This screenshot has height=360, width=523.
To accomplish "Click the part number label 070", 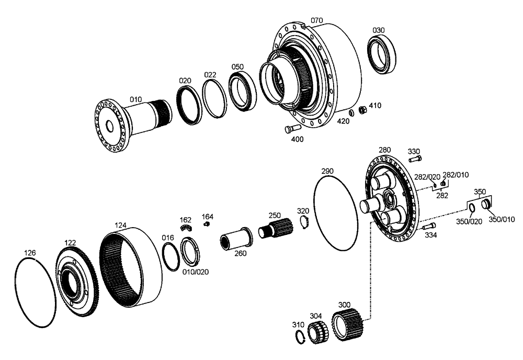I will pos(317,20).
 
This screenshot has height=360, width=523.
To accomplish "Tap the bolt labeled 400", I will pos(290,128).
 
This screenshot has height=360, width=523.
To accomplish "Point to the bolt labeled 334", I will pos(429,226).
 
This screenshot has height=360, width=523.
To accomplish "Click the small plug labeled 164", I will pos(207,224).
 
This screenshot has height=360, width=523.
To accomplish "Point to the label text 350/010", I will pos(501,219).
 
